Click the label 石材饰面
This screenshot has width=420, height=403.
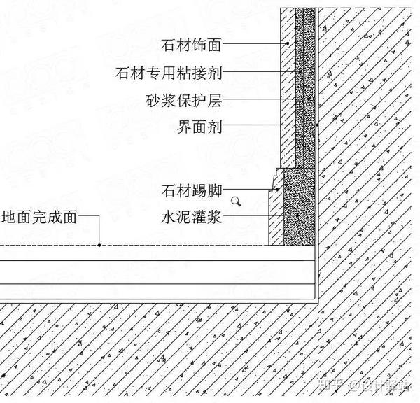point(191,45)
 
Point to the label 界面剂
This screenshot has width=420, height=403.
point(200,127)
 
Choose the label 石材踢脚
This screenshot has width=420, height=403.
point(191,190)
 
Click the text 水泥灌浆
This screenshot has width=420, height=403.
point(191,218)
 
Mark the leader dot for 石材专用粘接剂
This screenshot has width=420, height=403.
point(300,72)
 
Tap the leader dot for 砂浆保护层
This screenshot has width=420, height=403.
point(309,100)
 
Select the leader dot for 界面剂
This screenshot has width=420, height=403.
point(316,127)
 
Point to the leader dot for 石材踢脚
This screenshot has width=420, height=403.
point(277,190)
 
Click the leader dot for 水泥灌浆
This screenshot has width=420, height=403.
point(297,217)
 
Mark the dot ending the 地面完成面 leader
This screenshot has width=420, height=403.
point(99,245)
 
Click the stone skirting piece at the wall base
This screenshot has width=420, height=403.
point(276,210)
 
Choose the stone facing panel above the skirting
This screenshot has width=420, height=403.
point(287,91)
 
